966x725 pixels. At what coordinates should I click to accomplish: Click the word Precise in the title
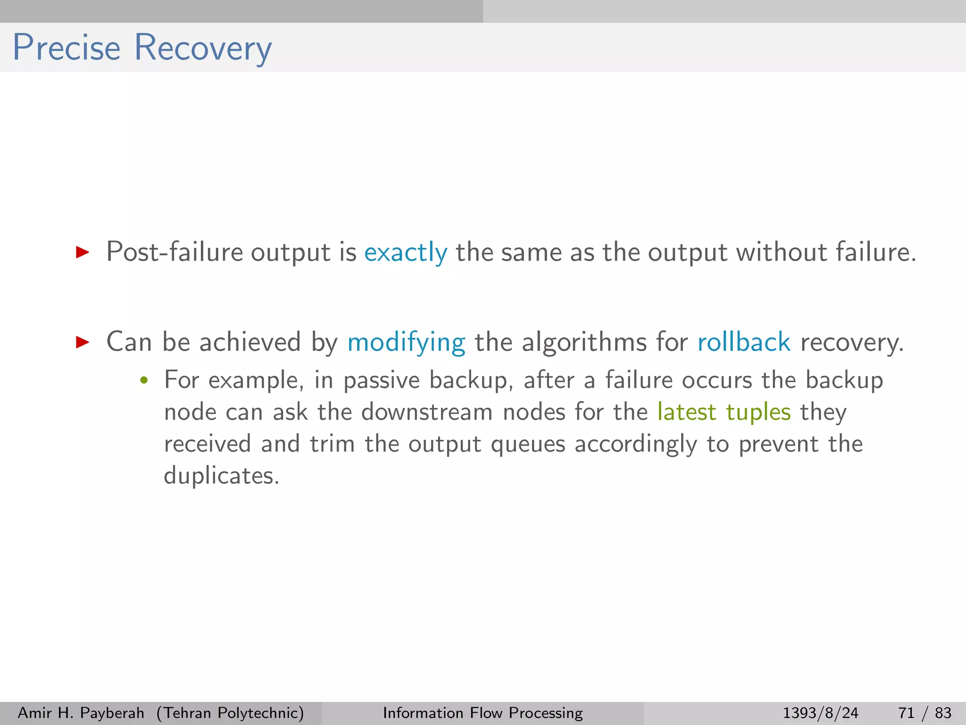(x=67, y=48)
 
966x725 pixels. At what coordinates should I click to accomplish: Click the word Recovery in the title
(x=203, y=48)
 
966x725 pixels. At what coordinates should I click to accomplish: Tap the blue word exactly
(x=406, y=252)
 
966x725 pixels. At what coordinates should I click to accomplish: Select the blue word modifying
(x=406, y=342)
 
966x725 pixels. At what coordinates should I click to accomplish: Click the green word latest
(x=687, y=412)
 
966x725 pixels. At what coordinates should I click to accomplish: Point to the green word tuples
(x=758, y=412)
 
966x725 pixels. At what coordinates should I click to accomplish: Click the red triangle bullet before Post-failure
(x=83, y=252)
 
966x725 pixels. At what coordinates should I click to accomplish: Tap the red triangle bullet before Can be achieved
(x=83, y=342)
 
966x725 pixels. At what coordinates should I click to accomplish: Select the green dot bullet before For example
(x=144, y=380)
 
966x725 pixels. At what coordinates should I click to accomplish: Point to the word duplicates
(x=221, y=475)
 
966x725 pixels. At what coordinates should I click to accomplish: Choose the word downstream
(x=427, y=412)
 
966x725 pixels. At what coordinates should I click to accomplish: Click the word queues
(x=528, y=444)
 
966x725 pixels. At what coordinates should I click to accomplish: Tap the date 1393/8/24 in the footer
(x=820, y=713)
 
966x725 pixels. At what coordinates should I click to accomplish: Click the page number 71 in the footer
(x=907, y=713)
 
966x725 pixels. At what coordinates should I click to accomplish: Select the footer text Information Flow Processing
(x=483, y=713)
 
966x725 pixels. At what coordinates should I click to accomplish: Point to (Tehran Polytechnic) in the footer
(x=230, y=713)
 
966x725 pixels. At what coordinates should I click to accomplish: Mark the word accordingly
(x=635, y=444)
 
